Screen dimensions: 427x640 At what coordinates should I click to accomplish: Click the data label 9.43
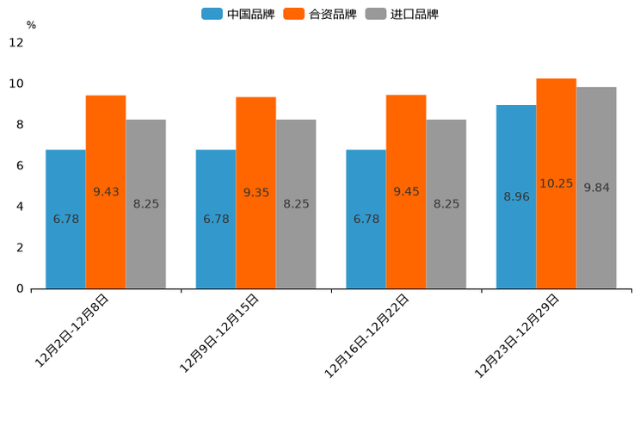click(106, 192)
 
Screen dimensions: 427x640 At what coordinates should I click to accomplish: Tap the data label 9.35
click(256, 193)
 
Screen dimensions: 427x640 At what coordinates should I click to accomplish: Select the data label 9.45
click(406, 192)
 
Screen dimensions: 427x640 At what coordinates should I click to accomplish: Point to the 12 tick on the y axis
click(16, 42)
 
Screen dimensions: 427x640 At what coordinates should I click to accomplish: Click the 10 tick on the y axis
click(16, 84)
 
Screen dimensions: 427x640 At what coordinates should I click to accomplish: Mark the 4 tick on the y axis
click(20, 207)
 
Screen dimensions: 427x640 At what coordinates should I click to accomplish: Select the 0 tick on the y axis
click(20, 288)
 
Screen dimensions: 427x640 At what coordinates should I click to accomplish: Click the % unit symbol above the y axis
click(31, 25)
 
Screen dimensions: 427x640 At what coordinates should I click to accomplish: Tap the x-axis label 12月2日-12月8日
click(72, 331)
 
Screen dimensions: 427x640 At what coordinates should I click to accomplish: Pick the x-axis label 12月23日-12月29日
click(518, 335)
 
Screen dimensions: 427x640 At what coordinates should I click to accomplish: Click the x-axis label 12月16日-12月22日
click(367, 335)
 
